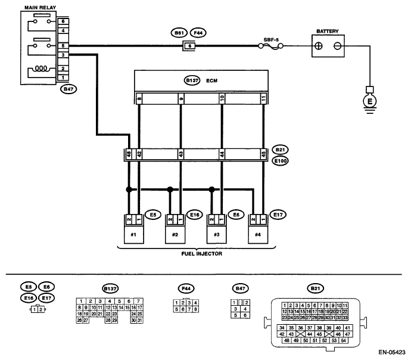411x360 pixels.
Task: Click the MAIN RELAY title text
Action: (40, 8)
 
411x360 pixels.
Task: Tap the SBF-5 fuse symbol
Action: (270, 46)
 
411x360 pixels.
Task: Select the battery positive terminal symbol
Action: (319, 46)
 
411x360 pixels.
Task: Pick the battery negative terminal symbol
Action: (337, 46)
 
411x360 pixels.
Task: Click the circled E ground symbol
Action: (369, 101)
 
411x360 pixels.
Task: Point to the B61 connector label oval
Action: (179, 33)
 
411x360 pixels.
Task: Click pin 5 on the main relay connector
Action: (63, 46)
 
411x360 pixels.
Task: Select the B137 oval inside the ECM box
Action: (192, 80)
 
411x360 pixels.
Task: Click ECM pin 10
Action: (222, 98)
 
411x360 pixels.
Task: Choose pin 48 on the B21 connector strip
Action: (129, 154)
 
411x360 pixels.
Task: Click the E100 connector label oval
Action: (280, 161)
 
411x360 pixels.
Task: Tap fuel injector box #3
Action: (216, 234)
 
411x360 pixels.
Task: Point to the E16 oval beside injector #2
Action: (195, 215)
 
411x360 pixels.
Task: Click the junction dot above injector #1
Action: (129, 190)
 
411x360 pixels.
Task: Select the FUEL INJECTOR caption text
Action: (201, 253)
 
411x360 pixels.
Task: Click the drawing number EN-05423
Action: (391, 352)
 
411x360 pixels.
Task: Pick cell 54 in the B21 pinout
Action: (343, 340)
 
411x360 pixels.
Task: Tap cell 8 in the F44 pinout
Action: (195, 309)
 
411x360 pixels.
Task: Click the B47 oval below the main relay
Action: (68, 89)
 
